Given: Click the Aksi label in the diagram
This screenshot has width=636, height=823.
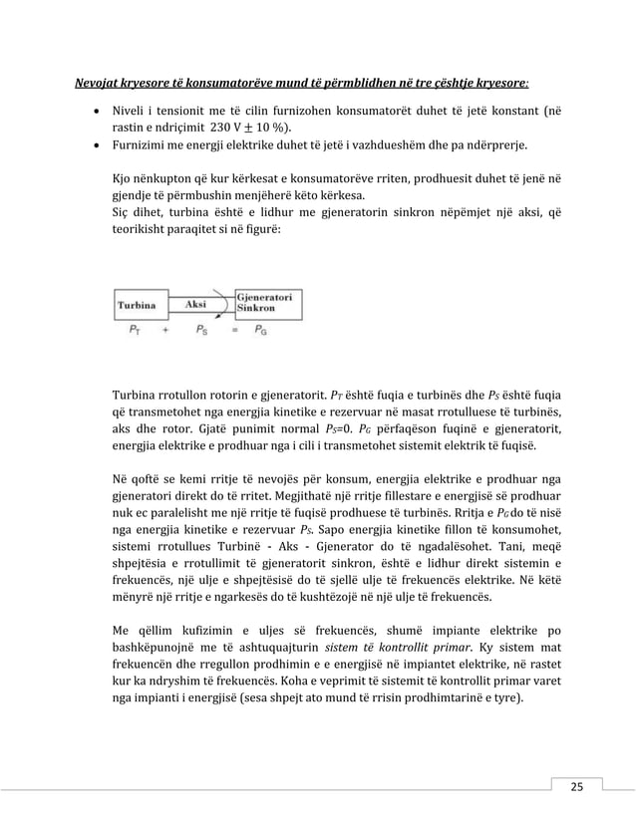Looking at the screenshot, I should (x=197, y=303).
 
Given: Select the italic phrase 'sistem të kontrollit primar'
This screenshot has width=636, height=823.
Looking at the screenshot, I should (x=388, y=648).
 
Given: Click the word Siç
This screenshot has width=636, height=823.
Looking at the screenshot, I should (x=122, y=211).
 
